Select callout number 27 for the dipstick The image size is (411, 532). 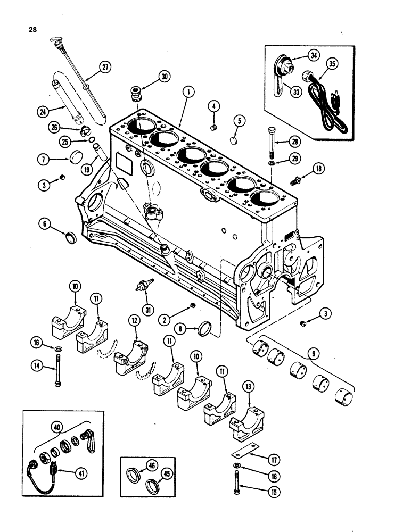(105, 68)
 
